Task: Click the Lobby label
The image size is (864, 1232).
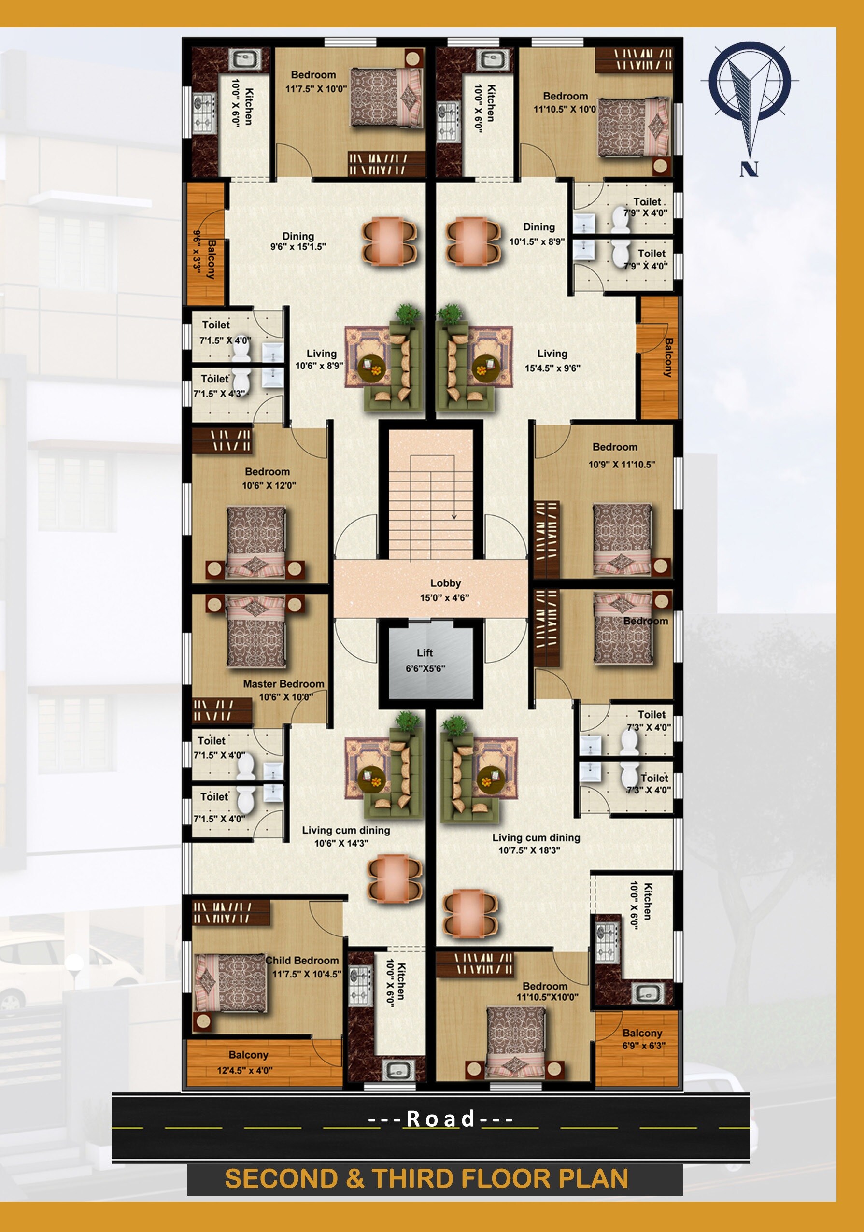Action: (445, 583)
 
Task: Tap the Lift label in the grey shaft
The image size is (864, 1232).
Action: (425, 653)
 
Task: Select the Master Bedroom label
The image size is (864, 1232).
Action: (283, 684)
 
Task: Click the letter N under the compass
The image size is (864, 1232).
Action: (749, 170)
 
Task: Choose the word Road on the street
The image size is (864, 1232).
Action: (440, 1119)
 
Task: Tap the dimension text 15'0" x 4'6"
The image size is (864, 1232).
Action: (445, 598)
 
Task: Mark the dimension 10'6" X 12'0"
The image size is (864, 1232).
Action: (269, 486)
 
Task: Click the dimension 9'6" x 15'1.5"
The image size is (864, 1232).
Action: (298, 247)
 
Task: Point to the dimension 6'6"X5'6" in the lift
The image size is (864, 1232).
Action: (425, 668)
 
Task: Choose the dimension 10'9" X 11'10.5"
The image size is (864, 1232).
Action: (622, 465)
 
